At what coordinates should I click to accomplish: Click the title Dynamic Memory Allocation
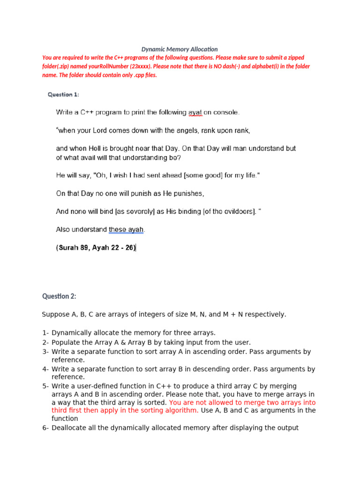(180, 49)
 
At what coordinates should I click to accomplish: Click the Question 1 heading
(63, 95)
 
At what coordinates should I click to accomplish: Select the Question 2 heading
(59, 296)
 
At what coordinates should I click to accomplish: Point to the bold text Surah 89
(75, 248)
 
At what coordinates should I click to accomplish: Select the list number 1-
(45, 333)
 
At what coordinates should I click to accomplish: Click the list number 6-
(45, 427)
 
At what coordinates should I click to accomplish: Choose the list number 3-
(45, 352)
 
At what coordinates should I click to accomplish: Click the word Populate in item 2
(66, 342)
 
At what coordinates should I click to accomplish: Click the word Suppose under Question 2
(55, 314)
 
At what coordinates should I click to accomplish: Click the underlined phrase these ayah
(127, 230)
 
